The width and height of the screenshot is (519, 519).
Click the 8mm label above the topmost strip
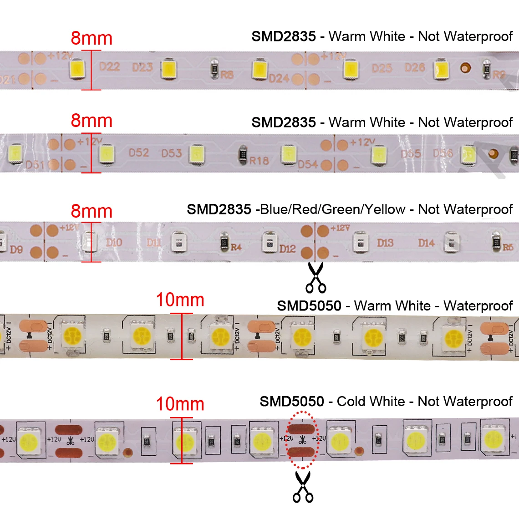92,38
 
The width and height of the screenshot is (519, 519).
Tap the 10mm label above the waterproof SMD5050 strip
180,300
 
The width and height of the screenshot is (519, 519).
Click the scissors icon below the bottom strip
303,487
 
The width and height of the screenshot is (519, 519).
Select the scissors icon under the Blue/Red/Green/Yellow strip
316,277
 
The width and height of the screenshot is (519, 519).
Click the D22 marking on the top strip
110,67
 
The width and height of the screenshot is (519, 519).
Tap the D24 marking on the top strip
279,78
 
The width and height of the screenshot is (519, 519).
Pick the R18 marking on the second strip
259,161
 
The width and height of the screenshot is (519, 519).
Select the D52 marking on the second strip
139,153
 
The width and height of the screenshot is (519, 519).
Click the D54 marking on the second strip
308,164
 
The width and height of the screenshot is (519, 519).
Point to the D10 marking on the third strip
114,242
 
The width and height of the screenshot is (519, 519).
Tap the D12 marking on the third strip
287,249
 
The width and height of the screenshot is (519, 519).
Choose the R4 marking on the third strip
236,247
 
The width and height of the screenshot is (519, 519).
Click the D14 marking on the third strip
426,243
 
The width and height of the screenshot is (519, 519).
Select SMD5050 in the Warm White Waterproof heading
309,306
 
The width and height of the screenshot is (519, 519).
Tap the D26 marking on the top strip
415,67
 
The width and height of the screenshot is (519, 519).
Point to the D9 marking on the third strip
16,249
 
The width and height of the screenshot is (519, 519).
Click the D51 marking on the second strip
35,164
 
